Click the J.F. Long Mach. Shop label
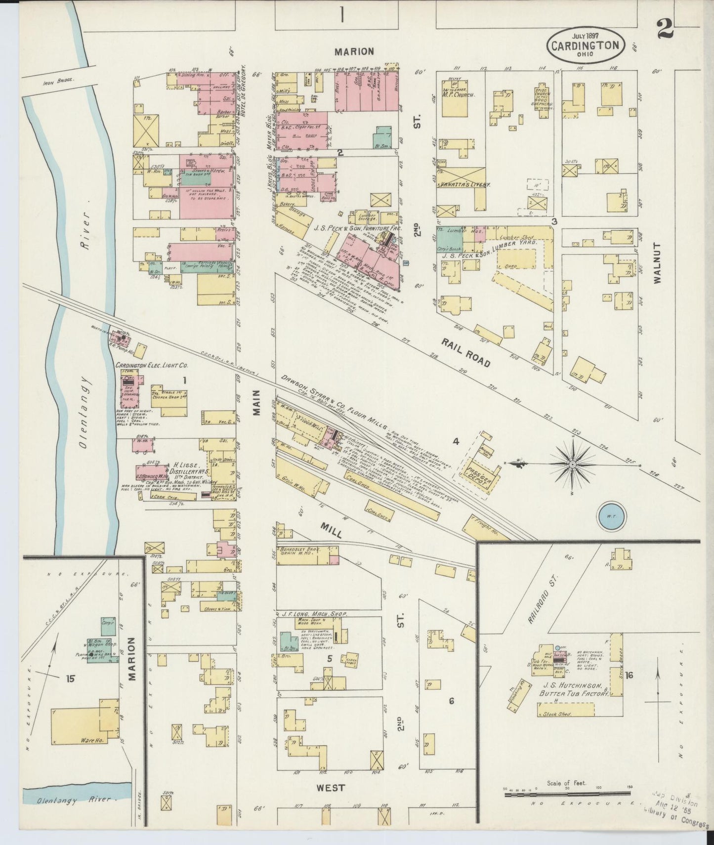tap(311, 613)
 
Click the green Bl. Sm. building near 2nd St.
tap(382, 136)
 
